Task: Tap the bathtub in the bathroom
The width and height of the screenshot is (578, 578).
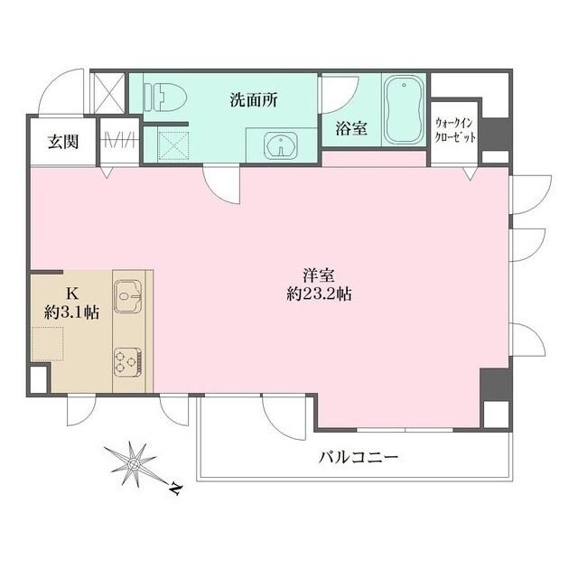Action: [x=403, y=111]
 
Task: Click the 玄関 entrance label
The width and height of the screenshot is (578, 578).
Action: [x=62, y=142]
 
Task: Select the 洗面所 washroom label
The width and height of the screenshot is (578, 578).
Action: [x=252, y=100]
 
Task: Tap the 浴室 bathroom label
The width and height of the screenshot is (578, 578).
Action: [x=352, y=127]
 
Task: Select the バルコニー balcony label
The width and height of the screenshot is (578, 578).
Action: [x=358, y=458]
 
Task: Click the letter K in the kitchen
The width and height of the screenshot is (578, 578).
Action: [x=71, y=292]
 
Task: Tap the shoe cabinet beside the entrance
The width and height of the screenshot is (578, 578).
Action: [x=118, y=142]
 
